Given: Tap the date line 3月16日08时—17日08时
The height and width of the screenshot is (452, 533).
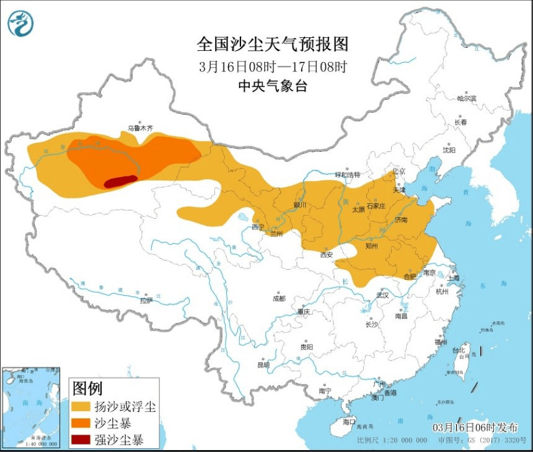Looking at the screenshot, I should (x=273, y=66).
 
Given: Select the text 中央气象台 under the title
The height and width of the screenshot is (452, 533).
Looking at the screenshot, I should (x=273, y=86).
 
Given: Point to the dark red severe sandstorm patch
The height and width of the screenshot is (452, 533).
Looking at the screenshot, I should (x=120, y=181).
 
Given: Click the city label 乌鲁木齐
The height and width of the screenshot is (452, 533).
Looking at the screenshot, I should (x=139, y=128).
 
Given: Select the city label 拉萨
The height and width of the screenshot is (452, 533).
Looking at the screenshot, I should (x=146, y=301).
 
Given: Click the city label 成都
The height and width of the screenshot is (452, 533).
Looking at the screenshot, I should (x=279, y=298).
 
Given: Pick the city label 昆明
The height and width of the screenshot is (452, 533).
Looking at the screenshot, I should (x=263, y=365).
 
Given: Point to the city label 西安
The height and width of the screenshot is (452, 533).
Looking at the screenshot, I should (x=327, y=254).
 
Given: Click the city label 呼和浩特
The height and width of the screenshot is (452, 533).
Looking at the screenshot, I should (x=347, y=175).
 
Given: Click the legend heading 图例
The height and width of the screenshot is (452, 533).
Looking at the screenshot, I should (x=87, y=389).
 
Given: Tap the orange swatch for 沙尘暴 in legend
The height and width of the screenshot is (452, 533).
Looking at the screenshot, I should (x=81, y=423).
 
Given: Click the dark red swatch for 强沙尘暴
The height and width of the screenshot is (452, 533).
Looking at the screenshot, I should (x=81, y=440).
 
